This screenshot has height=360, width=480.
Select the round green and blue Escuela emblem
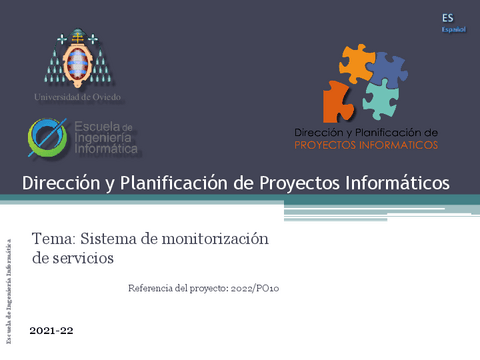(48, 138)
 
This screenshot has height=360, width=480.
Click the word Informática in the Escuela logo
(106, 148)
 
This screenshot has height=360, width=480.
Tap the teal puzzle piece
(380, 98)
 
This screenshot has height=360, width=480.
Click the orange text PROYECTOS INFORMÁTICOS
(367, 144)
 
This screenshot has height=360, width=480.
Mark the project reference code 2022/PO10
(260, 288)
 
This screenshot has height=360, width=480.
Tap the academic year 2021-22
(52, 329)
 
